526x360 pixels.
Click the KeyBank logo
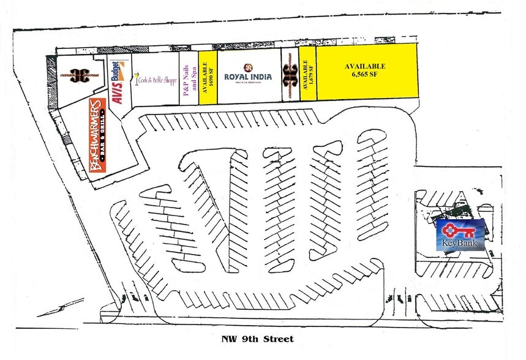(x=460, y=235)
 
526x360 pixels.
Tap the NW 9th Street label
(x=257, y=339)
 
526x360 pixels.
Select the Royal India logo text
(x=248, y=77)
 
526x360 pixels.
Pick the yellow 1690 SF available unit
(x=208, y=77)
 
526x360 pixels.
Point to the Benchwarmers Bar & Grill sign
(x=99, y=135)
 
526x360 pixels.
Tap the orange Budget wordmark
(x=118, y=70)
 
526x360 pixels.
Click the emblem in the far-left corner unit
(x=79, y=75)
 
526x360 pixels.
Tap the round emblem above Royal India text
(x=247, y=67)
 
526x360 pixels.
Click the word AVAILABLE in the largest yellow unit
(x=365, y=66)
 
